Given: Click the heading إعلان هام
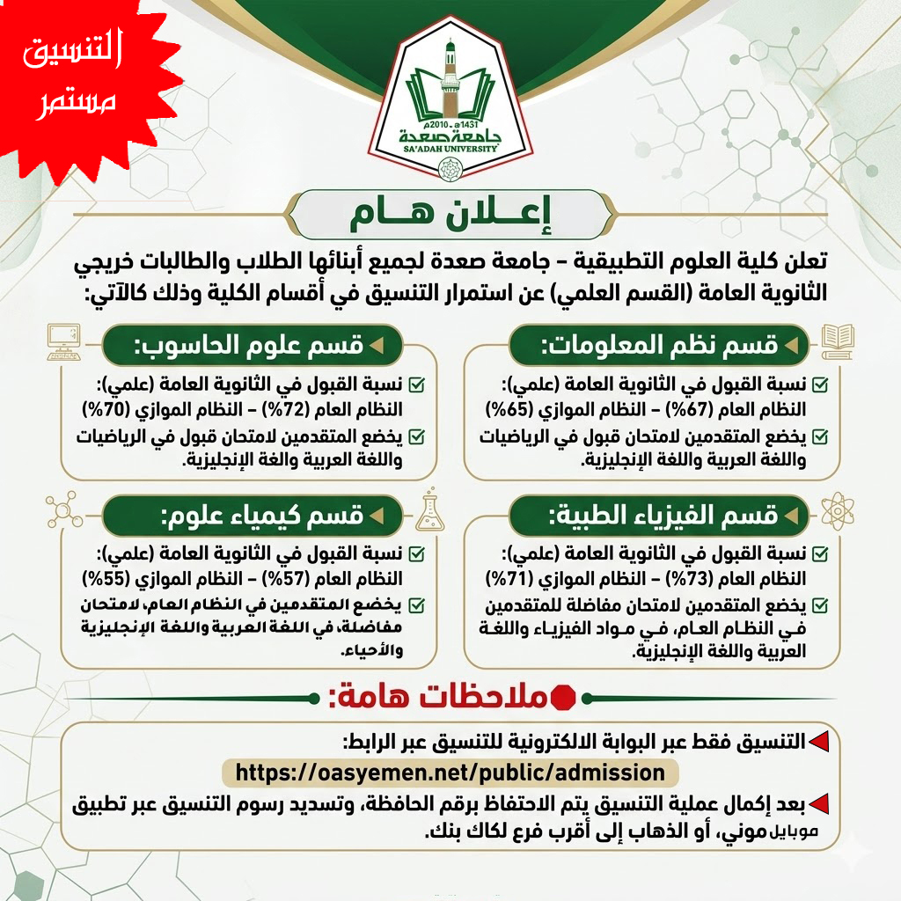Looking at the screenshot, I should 450,215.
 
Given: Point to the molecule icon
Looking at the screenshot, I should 62,510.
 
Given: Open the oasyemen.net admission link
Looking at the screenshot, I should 450,773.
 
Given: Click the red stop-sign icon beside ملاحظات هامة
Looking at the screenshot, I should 561,698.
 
